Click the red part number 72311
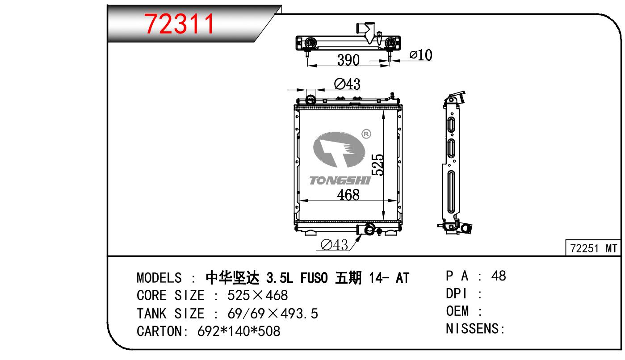179,24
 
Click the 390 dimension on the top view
348,60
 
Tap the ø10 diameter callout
421,55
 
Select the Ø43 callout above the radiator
347,84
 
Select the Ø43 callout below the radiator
334,245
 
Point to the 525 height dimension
378,164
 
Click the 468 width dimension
348,195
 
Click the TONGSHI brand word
340,180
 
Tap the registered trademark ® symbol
366,134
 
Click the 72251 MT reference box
593,247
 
